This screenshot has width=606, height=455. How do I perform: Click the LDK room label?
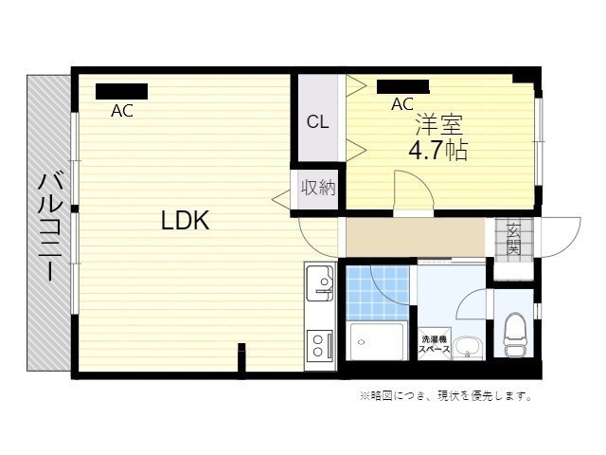coord(185,220)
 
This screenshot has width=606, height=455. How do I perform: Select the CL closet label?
coord(318,122)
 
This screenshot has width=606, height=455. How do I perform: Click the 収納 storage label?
coord(318,188)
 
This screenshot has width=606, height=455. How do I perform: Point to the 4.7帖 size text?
coord(437,150)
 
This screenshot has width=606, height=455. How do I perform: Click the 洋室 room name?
coord(438,124)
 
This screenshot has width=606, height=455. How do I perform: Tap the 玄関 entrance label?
coord(513,237)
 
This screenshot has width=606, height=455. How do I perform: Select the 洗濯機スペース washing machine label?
coord(435,344)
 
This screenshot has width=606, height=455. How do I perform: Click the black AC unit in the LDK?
coord(122,91)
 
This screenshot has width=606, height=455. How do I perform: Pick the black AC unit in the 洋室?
coord(402,86)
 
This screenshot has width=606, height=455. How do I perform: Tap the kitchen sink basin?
coord(320,283)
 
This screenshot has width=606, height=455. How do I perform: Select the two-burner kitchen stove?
coord(320,345)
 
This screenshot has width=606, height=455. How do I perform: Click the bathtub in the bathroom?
coord(377,341)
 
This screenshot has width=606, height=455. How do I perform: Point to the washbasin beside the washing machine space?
coord(467,348)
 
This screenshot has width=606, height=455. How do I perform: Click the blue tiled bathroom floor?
coord(377,293)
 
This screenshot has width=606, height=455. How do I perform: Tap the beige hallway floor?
coord(415,237)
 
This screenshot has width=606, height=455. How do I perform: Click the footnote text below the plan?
coord(446,396)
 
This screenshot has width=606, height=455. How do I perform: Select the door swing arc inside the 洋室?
coord(419,184)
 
